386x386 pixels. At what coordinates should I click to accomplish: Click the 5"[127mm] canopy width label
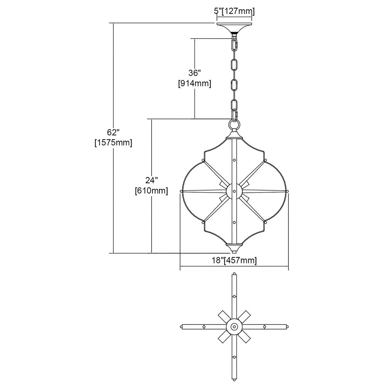[234, 11]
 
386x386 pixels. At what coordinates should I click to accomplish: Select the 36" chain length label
[195, 73]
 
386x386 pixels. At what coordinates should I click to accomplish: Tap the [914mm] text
[195, 84]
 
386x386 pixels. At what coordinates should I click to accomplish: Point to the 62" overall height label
[113, 132]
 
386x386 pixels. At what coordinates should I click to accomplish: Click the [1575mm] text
[113, 143]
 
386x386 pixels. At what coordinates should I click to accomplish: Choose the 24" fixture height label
[151, 180]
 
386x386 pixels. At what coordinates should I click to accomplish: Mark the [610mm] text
[151, 191]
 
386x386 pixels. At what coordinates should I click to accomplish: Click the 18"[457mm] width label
[234, 261]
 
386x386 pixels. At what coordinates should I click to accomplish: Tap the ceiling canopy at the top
[234, 27]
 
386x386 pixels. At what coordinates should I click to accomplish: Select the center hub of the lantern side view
[234, 191]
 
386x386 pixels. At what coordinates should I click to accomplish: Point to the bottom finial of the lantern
[234, 248]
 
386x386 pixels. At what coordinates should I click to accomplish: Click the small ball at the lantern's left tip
[181, 191]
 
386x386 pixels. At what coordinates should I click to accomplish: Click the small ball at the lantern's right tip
[287, 191]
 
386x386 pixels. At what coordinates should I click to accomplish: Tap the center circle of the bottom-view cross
[234, 327]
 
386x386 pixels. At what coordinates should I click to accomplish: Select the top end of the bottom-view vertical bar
[234, 274]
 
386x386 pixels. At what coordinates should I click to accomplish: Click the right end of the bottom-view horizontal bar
[287, 327]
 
